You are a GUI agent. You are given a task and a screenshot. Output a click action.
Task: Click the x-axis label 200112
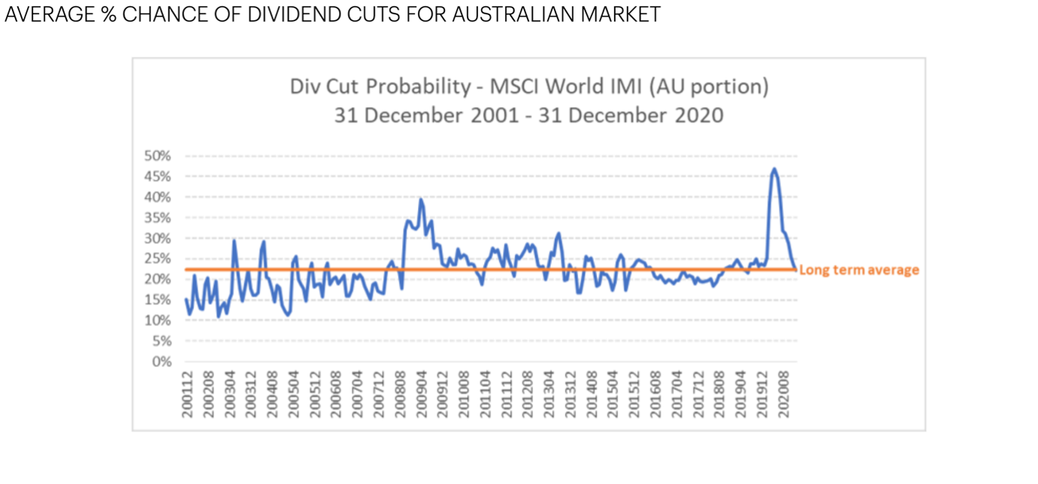tap(187, 392)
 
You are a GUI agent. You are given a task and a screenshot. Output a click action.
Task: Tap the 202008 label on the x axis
tap(784, 392)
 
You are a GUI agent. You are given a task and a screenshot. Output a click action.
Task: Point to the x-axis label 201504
tap(613, 392)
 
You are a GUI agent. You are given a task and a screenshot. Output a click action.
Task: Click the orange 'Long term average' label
tap(858, 270)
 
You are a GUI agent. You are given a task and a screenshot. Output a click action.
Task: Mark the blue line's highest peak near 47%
tap(773, 169)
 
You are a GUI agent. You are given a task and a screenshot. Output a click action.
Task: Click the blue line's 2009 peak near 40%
tap(421, 199)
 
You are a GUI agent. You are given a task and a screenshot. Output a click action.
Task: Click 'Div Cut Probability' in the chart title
tap(380, 86)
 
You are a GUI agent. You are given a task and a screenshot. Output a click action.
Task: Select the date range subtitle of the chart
tap(529, 115)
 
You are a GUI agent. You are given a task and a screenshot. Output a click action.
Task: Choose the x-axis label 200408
tap(273, 392)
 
